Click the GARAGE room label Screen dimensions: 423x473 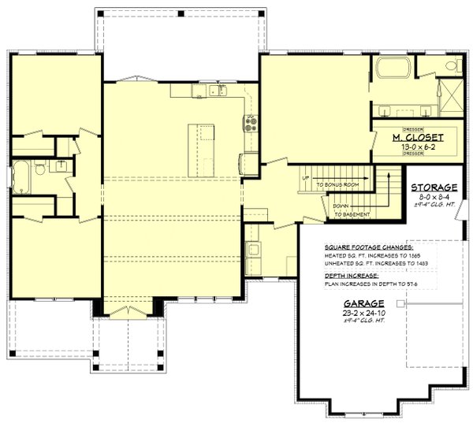pos(363,303)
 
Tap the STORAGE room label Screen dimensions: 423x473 pos(430,187)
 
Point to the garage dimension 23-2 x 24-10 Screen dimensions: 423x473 pos(363,313)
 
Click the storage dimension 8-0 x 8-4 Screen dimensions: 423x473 pos(430,197)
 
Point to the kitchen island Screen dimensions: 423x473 pos(201,150)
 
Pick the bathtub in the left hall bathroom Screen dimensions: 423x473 pos(20,177)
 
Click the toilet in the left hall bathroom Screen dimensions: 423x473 pos(60,165)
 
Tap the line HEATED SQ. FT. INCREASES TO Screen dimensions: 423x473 pos(360,256)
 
